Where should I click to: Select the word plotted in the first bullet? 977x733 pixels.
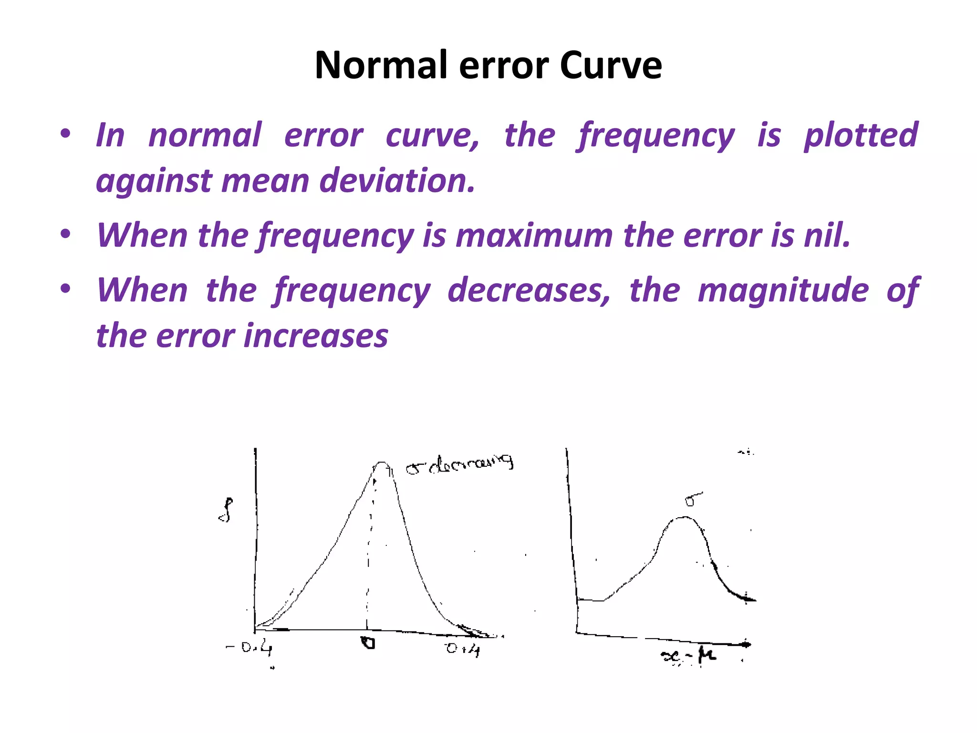[861, 136]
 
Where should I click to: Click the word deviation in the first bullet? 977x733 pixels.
[397, 181]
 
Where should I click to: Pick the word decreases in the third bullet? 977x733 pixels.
[529, 290]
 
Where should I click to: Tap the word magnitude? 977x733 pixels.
[783, 290]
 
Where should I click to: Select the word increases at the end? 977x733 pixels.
[316, 335]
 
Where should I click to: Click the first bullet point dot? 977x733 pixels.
[66, 133]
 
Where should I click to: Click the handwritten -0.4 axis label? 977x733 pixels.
[249, 649]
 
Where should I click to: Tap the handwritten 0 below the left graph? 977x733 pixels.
[368, 643]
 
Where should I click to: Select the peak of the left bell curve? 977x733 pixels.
[382, 462]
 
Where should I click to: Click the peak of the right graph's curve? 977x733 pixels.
[683, 518]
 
